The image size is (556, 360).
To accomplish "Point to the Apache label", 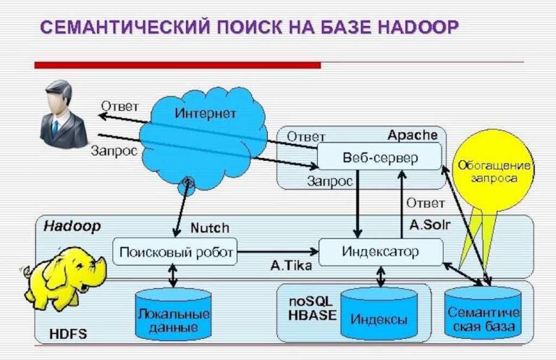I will (412, 135).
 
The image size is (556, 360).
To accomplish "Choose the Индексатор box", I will (380, 251).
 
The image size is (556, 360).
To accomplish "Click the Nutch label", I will (209, 228).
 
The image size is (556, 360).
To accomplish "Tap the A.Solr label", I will (429, 225).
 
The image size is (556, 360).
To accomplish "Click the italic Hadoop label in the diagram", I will (72, 226).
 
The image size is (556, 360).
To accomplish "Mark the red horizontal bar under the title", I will (177, 65).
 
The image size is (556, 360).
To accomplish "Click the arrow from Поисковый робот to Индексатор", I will (278, 252).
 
